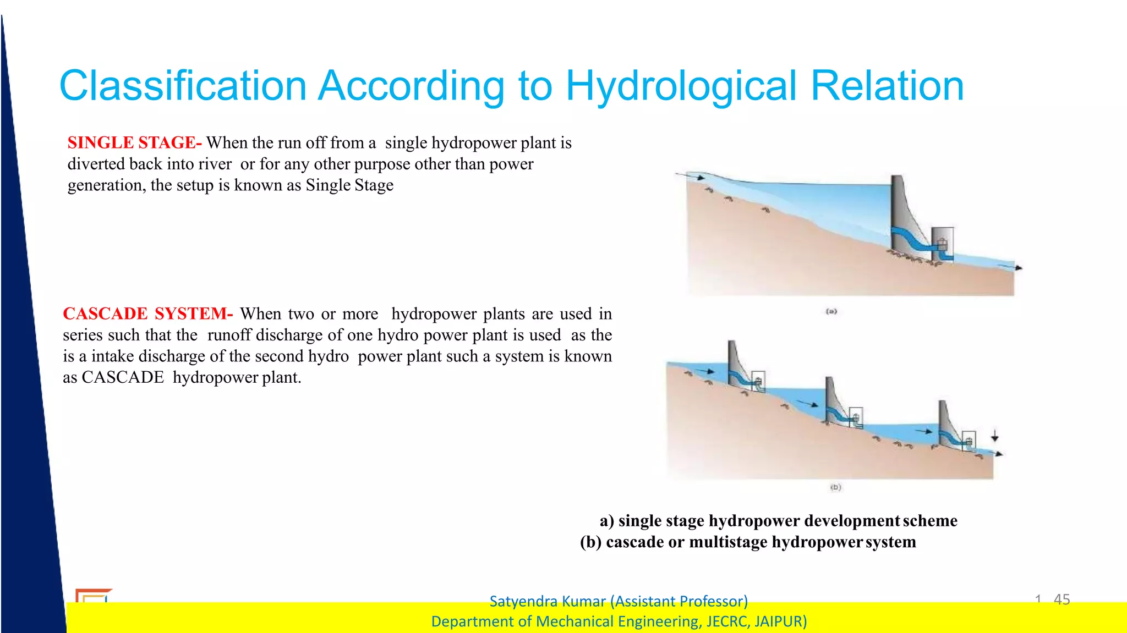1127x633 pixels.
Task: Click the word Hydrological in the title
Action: (x=681, y=86)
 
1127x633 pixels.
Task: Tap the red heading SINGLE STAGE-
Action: (x=134, y=143)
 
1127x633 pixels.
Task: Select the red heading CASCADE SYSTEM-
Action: (x=147, y=314)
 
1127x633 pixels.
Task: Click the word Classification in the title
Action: (x=183, y=86)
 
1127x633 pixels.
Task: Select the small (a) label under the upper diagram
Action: (x=831, y=312)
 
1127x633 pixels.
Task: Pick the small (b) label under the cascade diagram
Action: (x=835, y=487)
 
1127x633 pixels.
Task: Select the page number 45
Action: (x=1062, y=599)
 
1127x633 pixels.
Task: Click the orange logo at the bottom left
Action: (x=92, y=596)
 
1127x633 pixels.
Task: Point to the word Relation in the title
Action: (x=887, y=86)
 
